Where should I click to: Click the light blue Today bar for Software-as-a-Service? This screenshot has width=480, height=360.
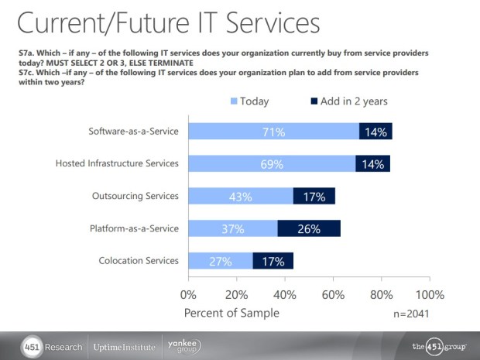273,132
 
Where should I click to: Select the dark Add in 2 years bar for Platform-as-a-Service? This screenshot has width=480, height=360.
309,228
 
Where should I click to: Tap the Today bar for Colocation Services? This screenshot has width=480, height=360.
220,261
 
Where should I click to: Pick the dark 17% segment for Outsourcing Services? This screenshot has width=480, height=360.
314,197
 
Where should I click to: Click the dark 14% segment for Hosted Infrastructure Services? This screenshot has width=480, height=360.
373,164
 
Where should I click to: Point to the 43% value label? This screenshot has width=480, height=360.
240,197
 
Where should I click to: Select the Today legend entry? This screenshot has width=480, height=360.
249,101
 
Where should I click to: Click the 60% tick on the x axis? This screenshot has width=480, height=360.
333,295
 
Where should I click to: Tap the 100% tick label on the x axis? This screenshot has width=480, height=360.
430,295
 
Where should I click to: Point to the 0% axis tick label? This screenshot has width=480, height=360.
188,295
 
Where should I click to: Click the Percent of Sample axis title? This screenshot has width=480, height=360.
231,313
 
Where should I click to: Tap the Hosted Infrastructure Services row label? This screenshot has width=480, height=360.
118,164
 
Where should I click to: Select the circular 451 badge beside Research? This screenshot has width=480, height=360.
32,346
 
